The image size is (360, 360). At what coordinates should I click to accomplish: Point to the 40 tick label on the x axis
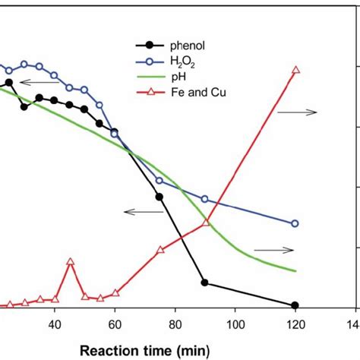point(54,323)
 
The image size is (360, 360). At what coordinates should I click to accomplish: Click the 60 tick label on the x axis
point(114,323)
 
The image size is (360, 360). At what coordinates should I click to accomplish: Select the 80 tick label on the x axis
point(175,323)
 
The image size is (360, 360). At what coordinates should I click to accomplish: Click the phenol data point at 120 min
point(295,305)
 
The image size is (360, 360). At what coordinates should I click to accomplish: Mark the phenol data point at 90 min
point(204,283)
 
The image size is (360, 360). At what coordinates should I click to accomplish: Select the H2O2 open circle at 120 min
point(295,223)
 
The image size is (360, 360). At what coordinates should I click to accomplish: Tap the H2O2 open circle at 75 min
point(159,181)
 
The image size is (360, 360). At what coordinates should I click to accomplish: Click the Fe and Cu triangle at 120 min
point(296,70)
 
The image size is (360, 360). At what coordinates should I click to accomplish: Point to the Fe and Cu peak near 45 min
point(70,261)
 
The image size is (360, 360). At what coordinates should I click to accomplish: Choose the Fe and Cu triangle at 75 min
point(159,250)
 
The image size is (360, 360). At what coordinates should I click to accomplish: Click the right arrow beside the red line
point(297,112)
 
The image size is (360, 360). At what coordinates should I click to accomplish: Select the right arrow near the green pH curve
point(273,249)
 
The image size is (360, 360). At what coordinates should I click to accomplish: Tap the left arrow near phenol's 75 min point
point(140,212)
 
